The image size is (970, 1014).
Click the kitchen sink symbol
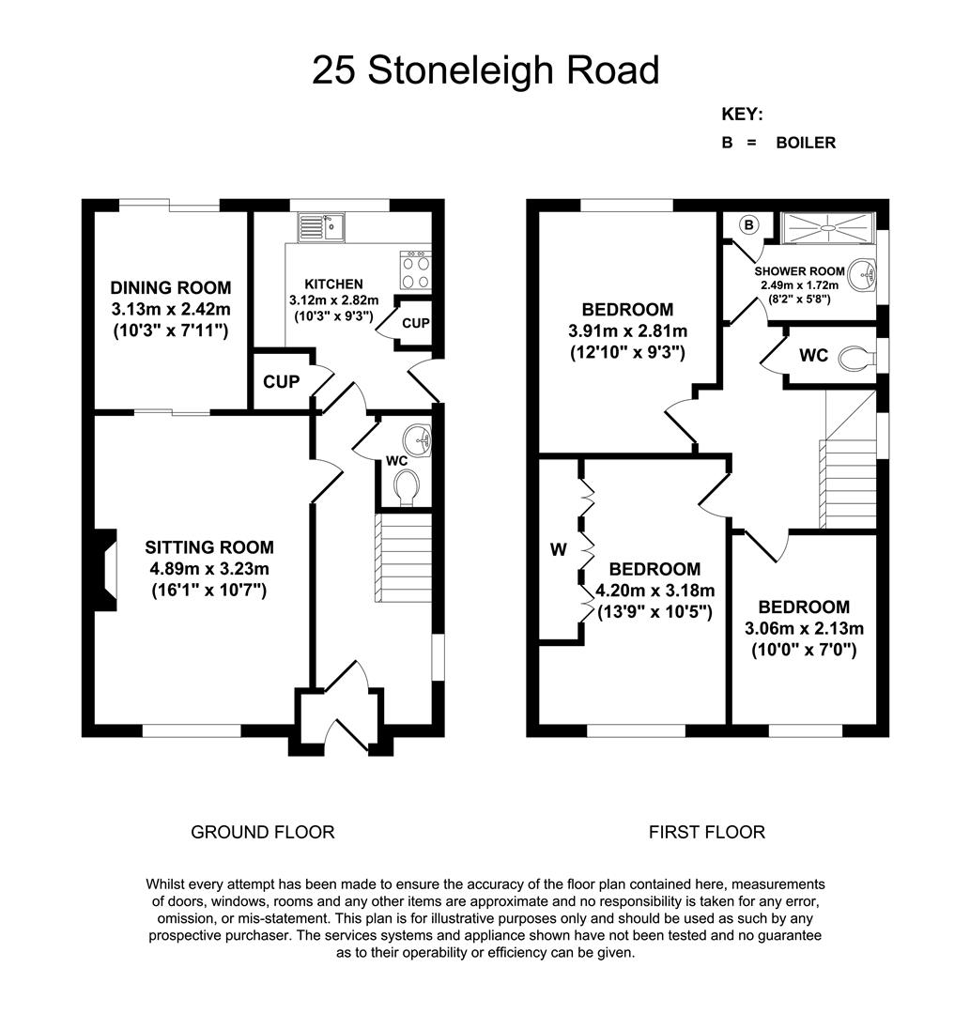(321, 227)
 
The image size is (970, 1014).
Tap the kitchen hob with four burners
(416, 270)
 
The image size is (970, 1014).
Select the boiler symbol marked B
(748, 225)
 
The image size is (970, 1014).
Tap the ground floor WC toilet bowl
(406, 487)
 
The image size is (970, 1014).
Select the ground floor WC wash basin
(417, 439)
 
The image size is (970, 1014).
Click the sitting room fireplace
(105, 570)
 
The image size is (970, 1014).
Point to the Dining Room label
(171, 288)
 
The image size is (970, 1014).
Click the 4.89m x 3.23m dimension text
(209, 569)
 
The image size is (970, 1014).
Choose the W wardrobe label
(558, 549)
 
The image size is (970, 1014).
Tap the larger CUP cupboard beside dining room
(282, 381)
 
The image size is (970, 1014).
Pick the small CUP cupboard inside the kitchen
(414, 323)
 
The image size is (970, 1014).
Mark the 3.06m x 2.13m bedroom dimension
(805, 628)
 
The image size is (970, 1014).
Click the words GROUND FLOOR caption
(263, 832)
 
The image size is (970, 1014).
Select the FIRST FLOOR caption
(707, 832)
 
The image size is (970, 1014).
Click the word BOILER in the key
(806, 143)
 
